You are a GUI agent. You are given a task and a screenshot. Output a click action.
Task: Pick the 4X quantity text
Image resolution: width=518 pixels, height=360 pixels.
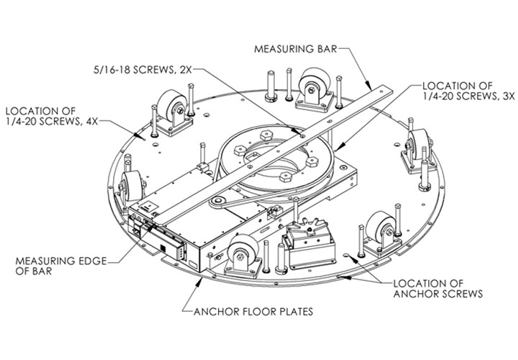click(x=90, y=122)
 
